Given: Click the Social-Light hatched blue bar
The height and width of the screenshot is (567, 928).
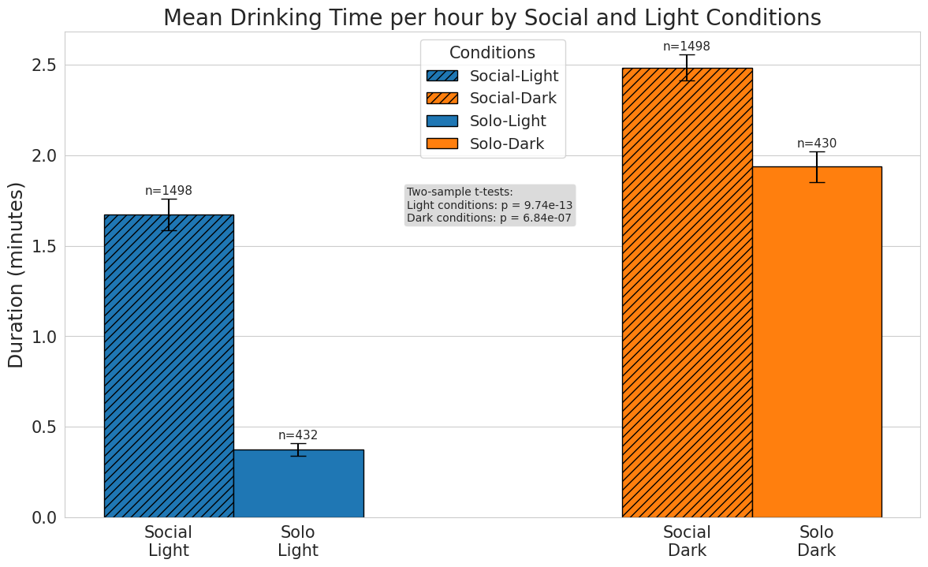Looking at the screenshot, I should [x=169, y=366].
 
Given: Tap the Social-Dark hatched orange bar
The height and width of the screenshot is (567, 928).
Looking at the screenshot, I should [x=687, y=293].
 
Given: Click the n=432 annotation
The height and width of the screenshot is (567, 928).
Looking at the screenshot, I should [x=298, y=435].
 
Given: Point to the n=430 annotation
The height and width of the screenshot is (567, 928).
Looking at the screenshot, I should [x=817, y=144].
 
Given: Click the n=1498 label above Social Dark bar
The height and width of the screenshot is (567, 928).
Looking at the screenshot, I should [x=687, y=47].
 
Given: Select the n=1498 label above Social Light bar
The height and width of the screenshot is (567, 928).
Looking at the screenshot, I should [x=169, y=191].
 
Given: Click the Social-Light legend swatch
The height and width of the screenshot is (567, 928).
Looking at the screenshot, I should [x=442, y=76].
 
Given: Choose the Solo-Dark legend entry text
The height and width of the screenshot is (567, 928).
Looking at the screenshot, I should [x=507, y=144].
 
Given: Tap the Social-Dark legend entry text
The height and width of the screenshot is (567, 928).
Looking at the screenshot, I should [x=513, y=99].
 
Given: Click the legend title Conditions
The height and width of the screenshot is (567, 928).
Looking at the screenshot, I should [x=492, y=53].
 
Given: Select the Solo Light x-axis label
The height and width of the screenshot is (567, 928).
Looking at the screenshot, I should [x=298, y=541].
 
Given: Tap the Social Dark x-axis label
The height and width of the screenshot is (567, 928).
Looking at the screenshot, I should [x=687, y=541].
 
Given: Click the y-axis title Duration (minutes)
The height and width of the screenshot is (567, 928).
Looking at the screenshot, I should [x=17, y=274].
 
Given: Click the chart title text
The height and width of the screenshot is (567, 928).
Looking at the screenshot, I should [x=492, y=17].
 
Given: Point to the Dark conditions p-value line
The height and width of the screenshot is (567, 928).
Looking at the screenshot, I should [x=489, y=218].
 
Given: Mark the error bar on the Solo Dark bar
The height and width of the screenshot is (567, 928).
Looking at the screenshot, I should [x=817, y=167].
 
